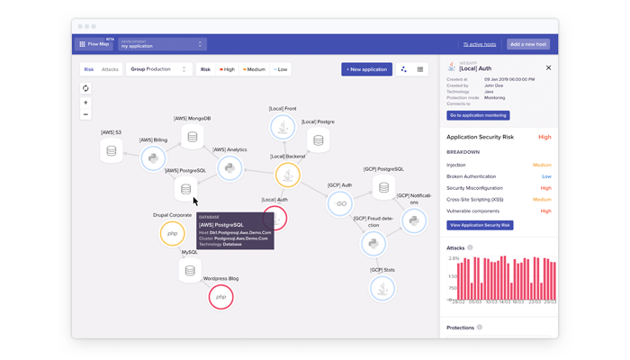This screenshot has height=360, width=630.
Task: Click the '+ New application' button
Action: [x=366, y=69]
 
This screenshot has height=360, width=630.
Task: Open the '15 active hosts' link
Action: [x=479, y=44]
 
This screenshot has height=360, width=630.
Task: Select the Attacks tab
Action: [x=110, y=69]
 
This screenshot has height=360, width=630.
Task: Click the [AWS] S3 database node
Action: [x=112, y=151]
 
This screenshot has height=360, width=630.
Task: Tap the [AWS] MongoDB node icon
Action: [x=192, y=137]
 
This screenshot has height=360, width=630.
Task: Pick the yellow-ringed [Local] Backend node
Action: [x=288, y=175]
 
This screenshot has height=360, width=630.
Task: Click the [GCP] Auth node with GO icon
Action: [x=339, y=204]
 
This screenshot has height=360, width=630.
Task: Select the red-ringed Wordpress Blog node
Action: [x=220, y=296]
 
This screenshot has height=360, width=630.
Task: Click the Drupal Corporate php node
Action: [x=172, y=234]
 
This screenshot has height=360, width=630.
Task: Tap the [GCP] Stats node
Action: [x=382, y=288]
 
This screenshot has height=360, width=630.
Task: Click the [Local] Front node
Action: [x=283, y=128]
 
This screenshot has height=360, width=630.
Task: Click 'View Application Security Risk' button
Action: [x=480, y=225]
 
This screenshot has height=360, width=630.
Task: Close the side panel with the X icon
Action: [x=548, y=67]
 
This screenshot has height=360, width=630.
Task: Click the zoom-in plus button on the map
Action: [x=85, y=103]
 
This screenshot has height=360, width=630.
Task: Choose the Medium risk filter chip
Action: [x=255, y=69]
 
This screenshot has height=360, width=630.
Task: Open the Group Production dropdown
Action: [x=158, y=69]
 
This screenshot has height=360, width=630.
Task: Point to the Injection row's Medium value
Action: [x=542, y=165]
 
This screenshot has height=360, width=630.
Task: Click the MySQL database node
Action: [x=190, y=270]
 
